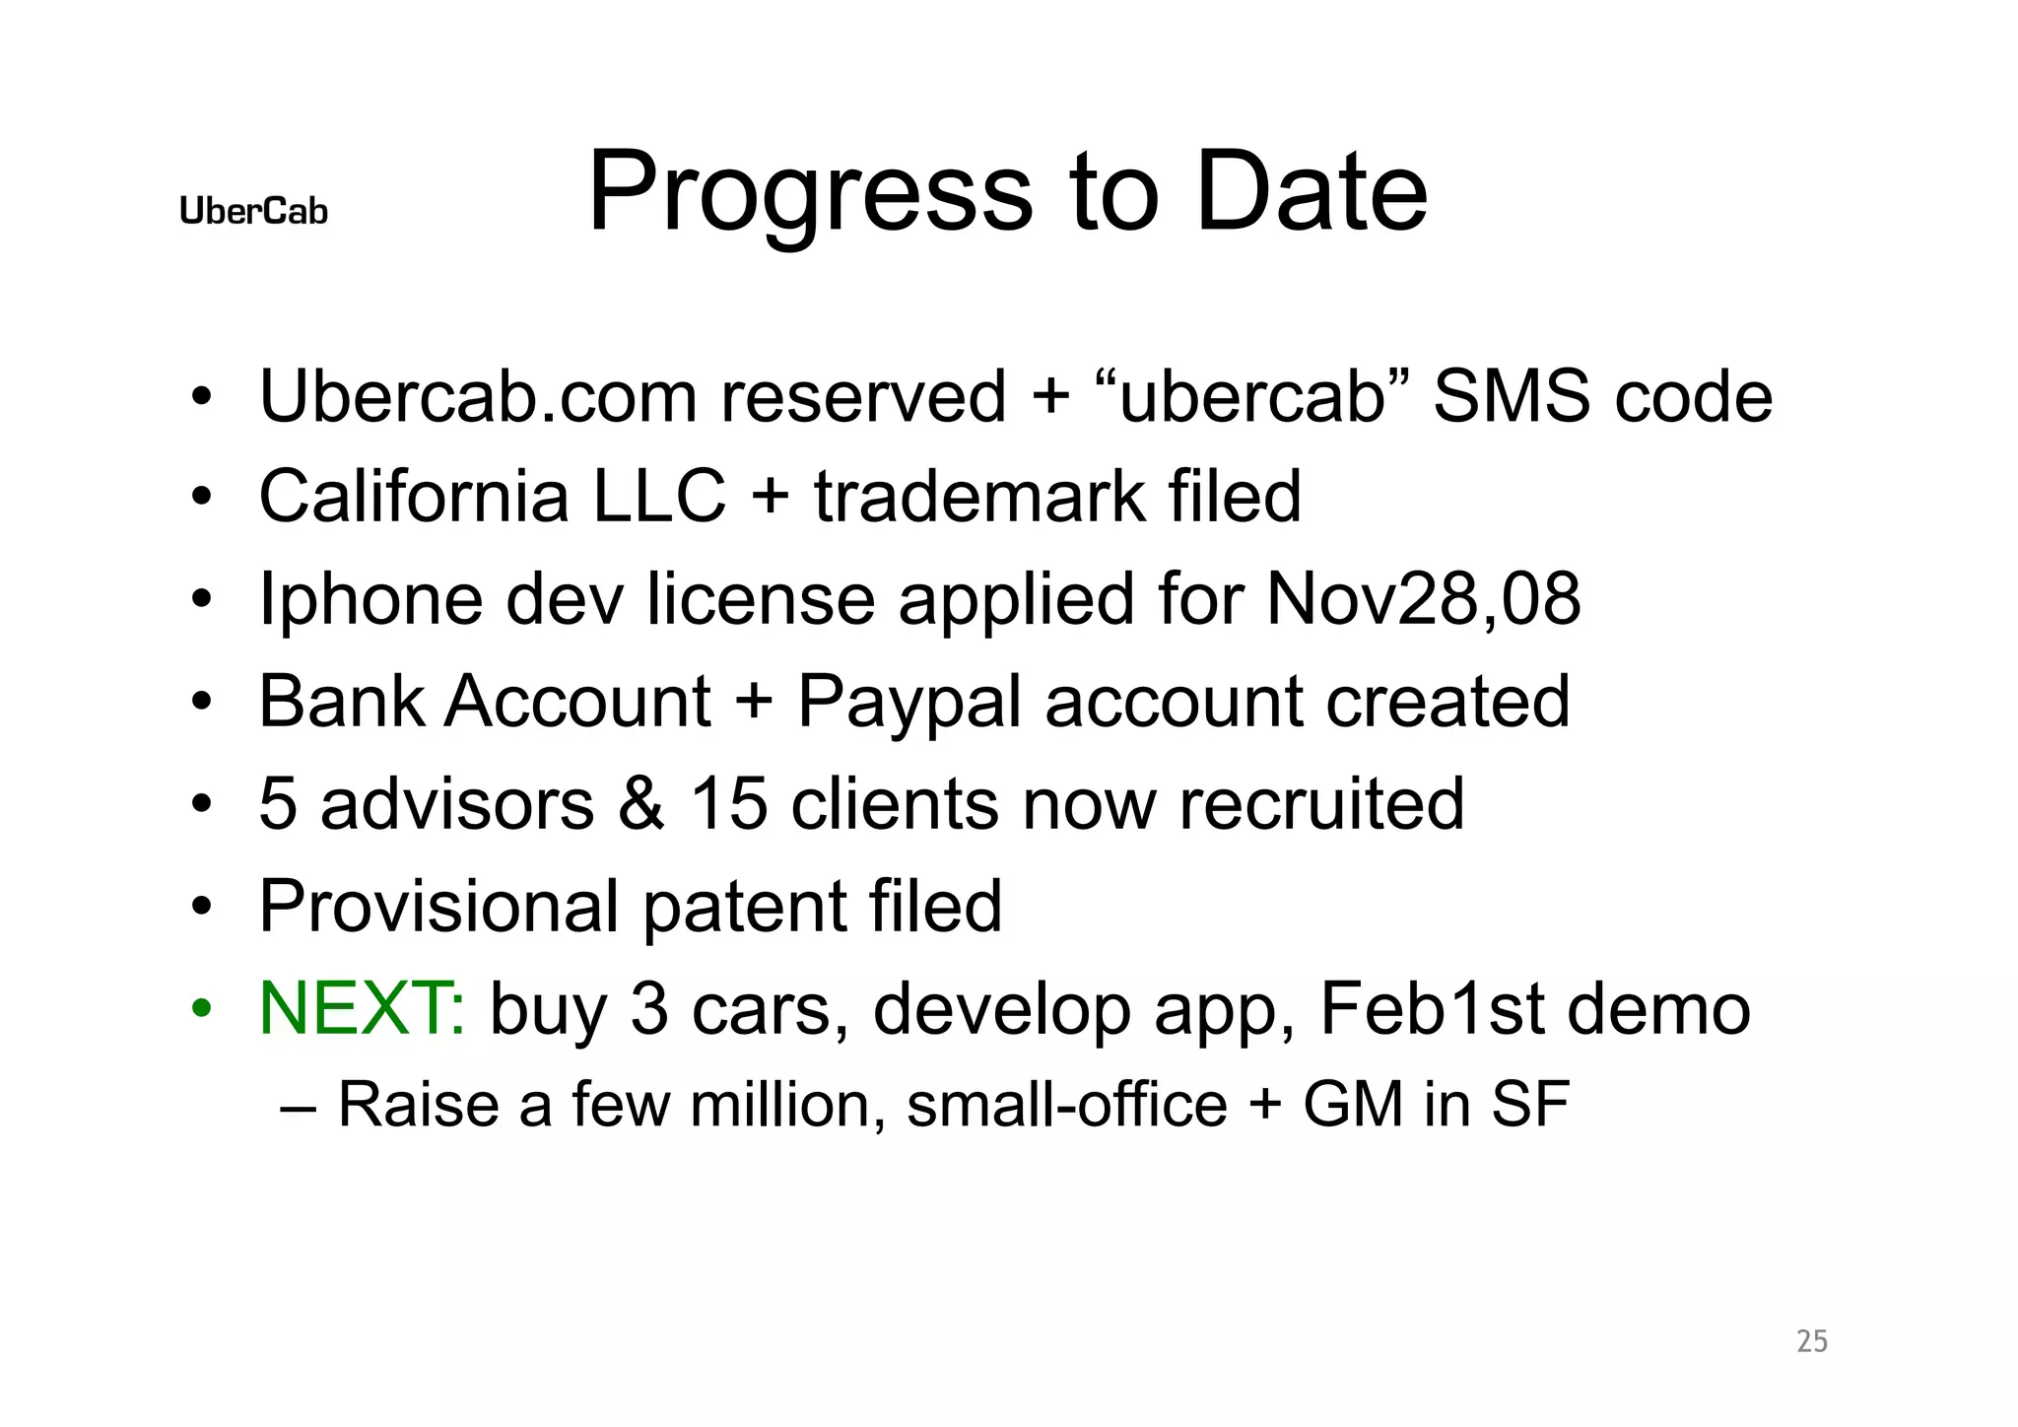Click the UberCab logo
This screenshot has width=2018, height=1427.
point(253,211)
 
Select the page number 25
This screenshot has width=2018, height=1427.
point(1812,1341)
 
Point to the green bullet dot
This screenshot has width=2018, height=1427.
point(202,1009)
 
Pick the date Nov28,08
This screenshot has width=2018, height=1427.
point(1423,598)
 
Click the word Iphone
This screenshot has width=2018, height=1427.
point(370,600)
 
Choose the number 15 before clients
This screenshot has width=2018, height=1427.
point(728,803)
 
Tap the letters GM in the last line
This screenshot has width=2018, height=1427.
point(1353,1104)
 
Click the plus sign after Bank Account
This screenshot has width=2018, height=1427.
point(754,704)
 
